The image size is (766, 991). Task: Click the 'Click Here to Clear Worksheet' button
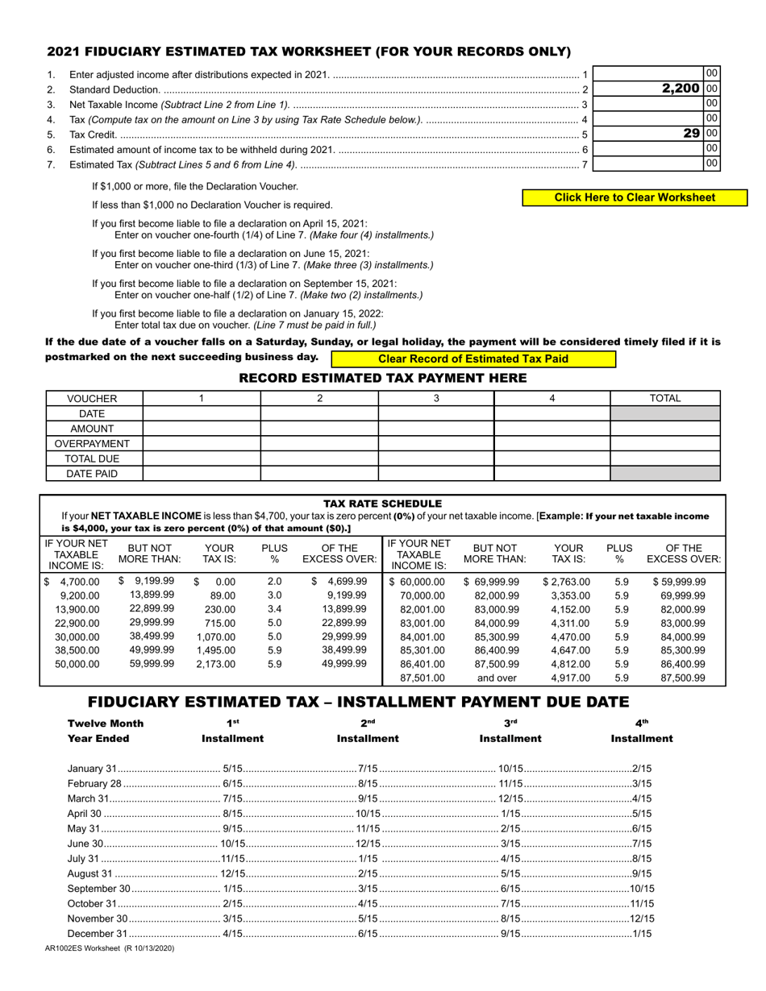635,197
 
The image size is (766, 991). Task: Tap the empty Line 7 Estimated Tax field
648,164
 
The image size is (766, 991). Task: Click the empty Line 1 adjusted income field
648,73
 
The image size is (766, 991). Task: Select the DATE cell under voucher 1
202,413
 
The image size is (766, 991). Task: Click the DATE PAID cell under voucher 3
435,474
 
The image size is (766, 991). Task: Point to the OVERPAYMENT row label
92,444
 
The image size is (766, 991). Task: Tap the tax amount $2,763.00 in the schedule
568,582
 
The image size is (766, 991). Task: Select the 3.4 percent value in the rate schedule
274,609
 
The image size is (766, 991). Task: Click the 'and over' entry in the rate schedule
496,678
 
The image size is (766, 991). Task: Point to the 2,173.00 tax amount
215,664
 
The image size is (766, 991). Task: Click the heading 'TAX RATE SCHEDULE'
382,504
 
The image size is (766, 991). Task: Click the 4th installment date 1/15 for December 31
642,934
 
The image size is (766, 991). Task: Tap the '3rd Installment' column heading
510,731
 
